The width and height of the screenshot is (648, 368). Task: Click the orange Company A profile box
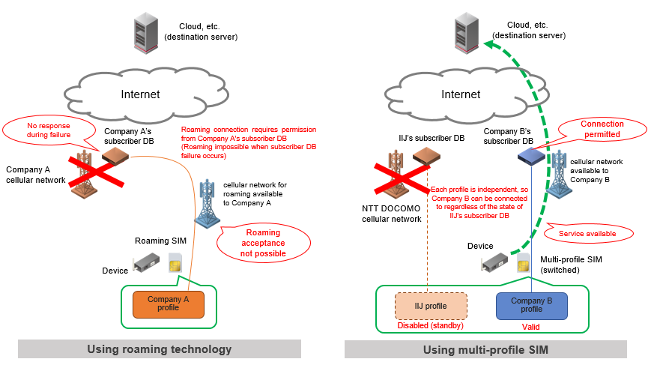point(168,304)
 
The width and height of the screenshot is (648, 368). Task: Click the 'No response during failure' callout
point(43,130)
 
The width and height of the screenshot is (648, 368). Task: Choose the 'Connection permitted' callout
point(601,129)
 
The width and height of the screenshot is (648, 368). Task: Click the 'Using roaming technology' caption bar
point(160,349)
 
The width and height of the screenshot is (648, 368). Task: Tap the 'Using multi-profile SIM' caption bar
point(485,349)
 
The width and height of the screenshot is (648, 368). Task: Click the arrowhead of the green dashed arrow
point(488,43)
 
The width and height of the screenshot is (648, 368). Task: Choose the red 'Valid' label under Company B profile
point(530,327)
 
